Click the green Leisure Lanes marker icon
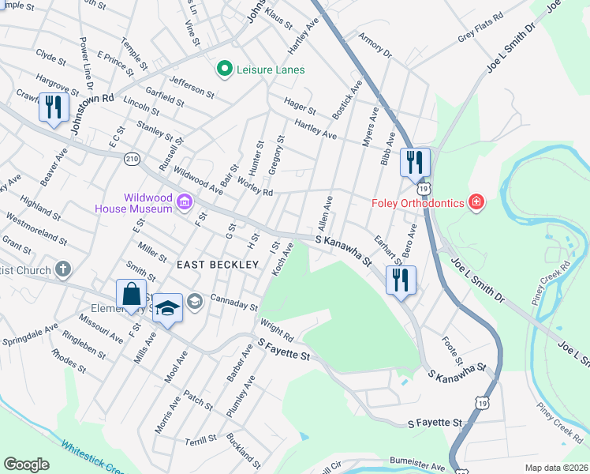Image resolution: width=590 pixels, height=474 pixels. tap(225, 70)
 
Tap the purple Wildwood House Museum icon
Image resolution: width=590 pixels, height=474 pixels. tap(185, 202)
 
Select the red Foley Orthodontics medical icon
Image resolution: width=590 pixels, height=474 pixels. tap(476, 203)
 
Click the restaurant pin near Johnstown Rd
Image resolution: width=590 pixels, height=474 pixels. tap(54, 107)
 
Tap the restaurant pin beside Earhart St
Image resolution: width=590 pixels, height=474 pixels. tap(401, 280)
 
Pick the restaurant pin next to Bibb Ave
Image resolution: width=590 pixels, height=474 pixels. tap(415, 163)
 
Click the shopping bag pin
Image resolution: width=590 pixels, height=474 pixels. tap(132, 295)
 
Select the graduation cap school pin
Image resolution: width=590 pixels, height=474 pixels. tap(167, 308)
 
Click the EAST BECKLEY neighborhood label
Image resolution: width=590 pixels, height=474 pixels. tap(218, 265)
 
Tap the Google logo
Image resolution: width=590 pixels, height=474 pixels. tap(26, 465)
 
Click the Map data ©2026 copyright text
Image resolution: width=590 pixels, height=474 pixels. tap(555, 468)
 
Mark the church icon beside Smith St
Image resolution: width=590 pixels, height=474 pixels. tap(62, 269)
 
